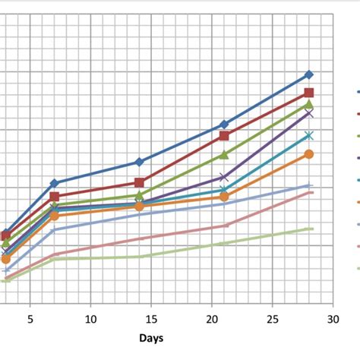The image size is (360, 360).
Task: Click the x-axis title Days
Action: [x=151, y=338]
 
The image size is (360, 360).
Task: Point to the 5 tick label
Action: [x=30, y=320]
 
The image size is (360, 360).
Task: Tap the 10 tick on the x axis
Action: [x=90, y=320]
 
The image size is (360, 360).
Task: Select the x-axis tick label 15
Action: [x=151, y=320]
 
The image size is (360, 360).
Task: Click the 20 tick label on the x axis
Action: [x=212, y=320]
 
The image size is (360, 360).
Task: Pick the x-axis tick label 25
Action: [x=273, y=320]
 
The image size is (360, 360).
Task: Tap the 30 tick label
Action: [x=333, y=320]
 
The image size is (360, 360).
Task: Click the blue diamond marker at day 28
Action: [x=309, y=74]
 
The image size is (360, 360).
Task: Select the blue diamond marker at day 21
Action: [x=224, y=124]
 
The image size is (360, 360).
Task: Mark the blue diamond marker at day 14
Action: [x=139, y=162]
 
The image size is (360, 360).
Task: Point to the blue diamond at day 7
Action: [x=54, y=183]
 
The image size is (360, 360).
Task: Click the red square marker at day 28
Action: [x=309, y=93]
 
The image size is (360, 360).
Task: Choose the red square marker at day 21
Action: [x=224, y=135]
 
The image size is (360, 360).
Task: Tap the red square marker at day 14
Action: [x=139, y=182]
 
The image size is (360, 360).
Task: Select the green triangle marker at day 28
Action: [x=309, y=104]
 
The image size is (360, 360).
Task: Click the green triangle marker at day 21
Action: [x=224, y=154]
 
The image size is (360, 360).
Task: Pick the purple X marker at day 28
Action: [x=309, y=113]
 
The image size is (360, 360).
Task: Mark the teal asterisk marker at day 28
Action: [x=309, y=135]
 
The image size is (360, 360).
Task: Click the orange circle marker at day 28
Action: [x=309, y=154]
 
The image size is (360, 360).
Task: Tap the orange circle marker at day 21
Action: [x=224, y=197]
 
